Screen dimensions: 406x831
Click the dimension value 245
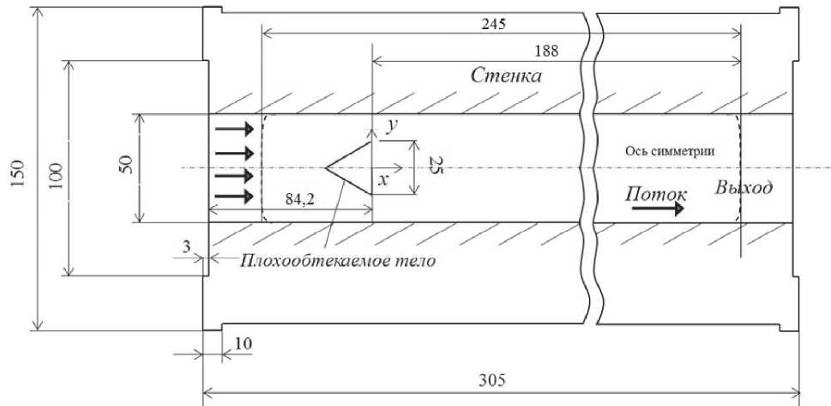tap(495, 24)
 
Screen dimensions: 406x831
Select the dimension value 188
tap(550, 52)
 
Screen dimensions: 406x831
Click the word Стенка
tap(507, 76)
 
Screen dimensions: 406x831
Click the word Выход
tap(743, 189)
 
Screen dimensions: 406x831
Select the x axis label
tap(382, 181)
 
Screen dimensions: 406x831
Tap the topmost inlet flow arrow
tap(234, 130)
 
